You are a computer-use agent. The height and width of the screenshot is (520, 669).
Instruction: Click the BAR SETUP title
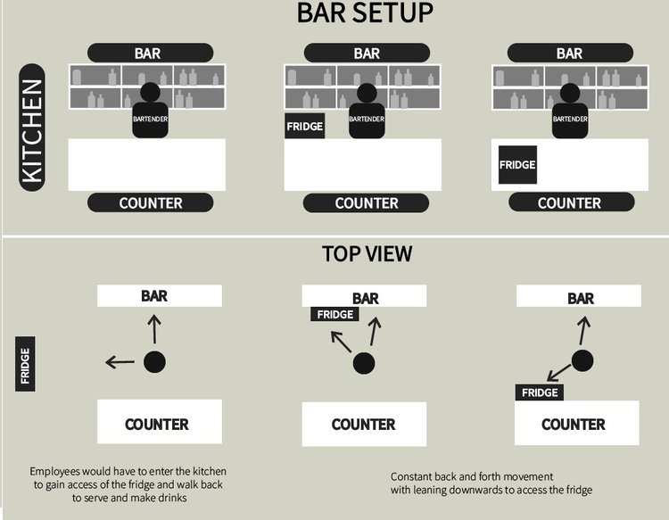[x=364, y=13]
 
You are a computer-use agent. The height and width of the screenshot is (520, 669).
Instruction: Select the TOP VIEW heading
[x=367, y=254]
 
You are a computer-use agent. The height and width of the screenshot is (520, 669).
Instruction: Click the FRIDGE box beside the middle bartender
[x=304, y=127]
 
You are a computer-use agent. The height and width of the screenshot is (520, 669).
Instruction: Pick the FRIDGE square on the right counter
[x=517, y=165]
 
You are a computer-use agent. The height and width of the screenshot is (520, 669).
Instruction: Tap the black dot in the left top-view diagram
[x=154, y=361]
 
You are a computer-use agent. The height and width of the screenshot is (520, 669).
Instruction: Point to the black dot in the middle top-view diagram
[x=363, y=363]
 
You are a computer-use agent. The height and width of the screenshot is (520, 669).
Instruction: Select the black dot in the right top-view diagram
[x=582, y=361]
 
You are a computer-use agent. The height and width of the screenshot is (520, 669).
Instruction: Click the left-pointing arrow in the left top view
[x=120, y=362]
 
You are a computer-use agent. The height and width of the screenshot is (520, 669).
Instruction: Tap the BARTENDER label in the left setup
[x=150, y=118]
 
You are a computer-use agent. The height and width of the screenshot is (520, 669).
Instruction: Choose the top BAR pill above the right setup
[x=569, y=54]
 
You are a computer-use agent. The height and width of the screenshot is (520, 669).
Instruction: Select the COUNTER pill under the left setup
[x=150, y=203]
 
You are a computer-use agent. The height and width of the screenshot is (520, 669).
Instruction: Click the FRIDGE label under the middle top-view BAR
[x=335, y=314]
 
